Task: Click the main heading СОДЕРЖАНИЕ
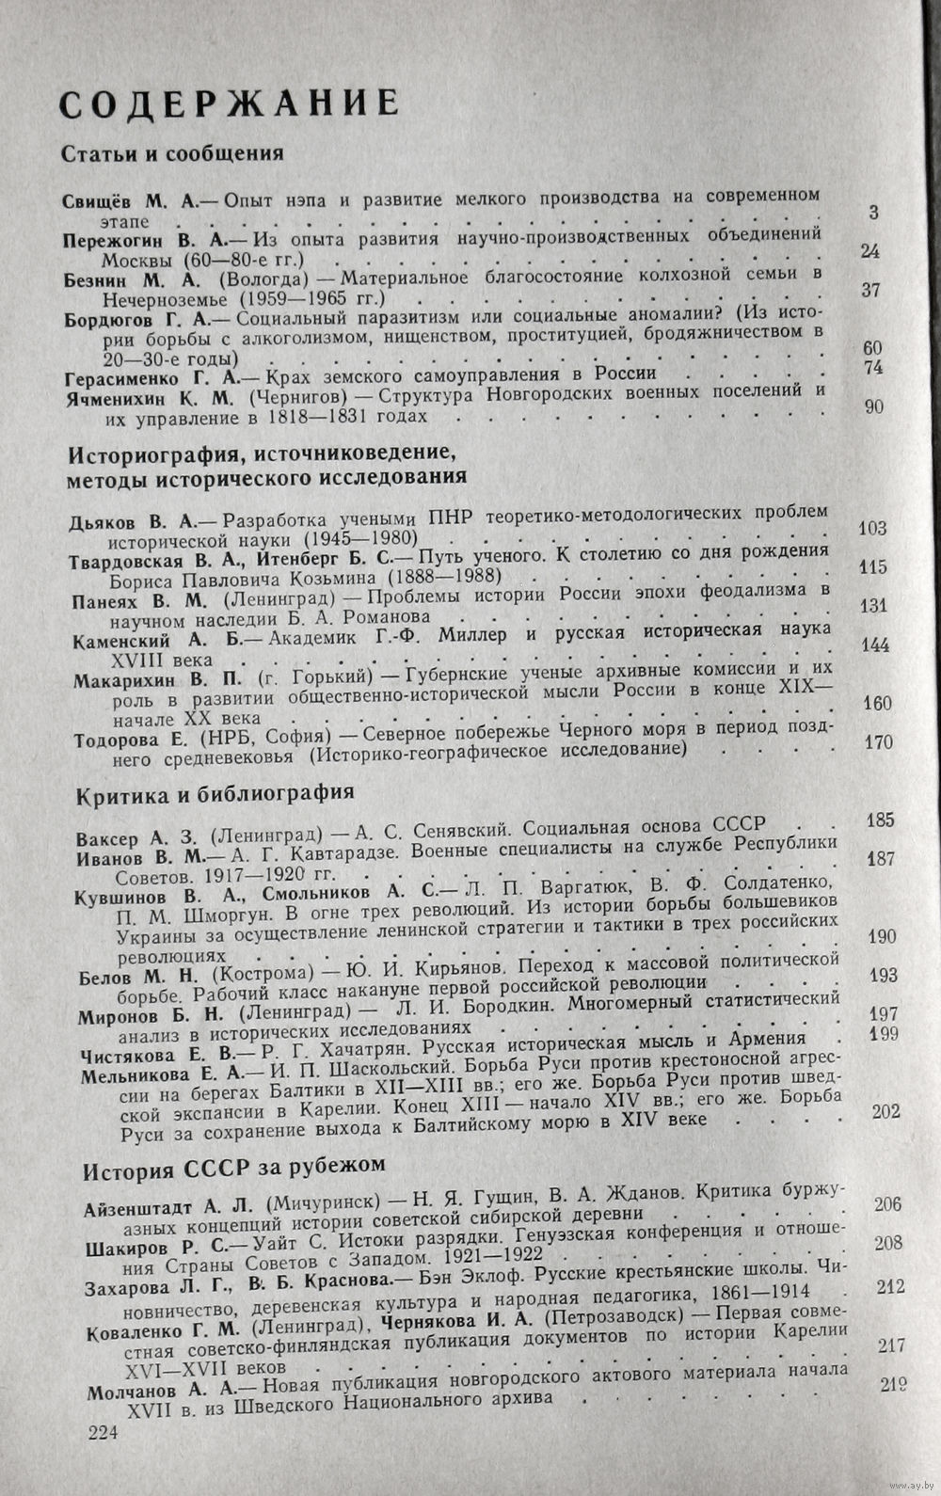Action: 223,103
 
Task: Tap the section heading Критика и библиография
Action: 214,792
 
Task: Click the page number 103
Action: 873,528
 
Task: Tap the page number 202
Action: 885,1111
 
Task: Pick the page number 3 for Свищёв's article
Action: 874,213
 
